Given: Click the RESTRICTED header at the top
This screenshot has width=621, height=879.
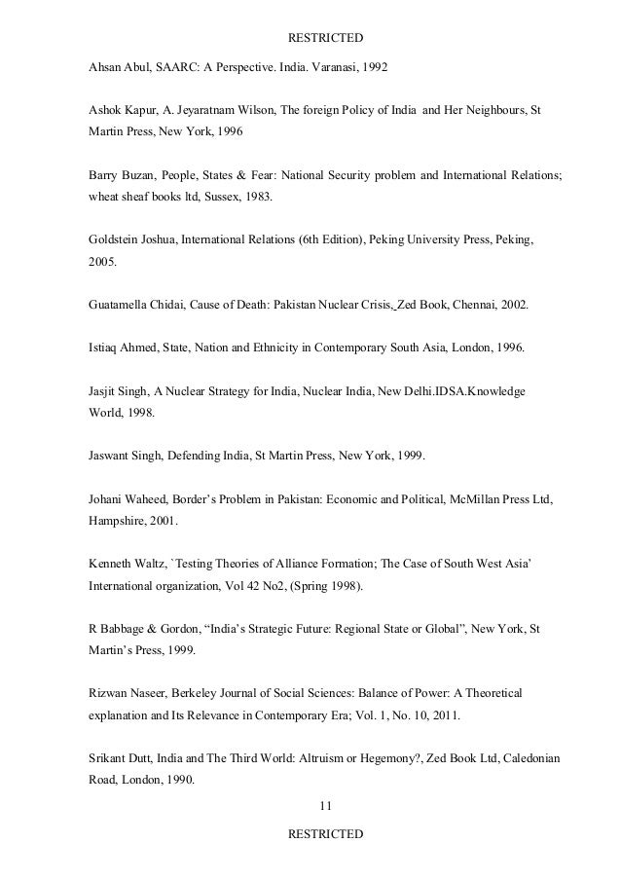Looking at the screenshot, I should (326, 38).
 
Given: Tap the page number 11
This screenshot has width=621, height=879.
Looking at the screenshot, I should (326, 805).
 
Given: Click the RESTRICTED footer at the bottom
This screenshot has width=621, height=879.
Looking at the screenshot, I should (326, 834).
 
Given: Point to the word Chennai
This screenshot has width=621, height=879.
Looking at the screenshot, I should (462, 305).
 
